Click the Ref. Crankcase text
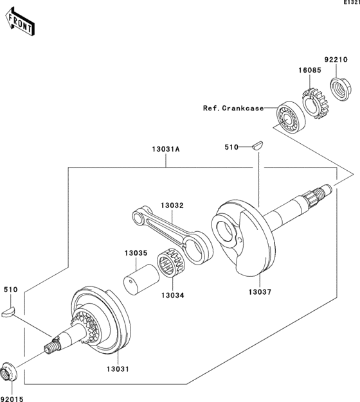click(233, 109)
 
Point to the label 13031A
click(166, 149)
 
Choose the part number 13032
click(172, 205)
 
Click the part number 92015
click(11, 398)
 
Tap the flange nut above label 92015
click(8, 371)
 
